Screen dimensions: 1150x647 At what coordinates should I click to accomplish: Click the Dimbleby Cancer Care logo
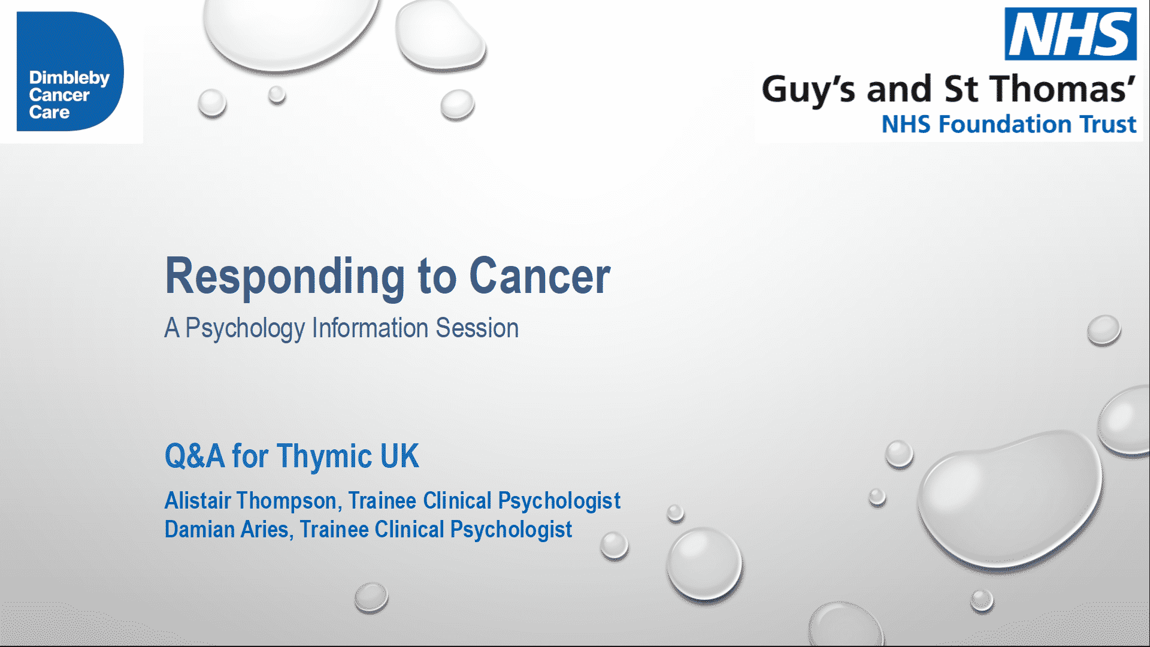(x=70, y=71)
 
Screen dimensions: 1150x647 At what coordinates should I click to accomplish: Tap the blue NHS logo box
(x=1070, y=34)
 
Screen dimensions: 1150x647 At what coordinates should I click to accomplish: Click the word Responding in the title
(x=285, y=277)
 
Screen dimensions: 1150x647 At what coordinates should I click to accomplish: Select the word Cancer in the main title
(x=540, y=276)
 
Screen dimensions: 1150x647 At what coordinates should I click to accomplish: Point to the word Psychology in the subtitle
(x=245, y=329)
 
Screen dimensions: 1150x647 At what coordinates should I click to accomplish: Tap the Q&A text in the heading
(x=195, y=456)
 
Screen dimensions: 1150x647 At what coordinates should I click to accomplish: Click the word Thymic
(x=325, y=457)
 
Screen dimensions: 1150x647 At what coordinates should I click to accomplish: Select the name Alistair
(x=198, y=500)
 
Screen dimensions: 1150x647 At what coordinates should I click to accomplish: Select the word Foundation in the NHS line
(x=1006, y=124)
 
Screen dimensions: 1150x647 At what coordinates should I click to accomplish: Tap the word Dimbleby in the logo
(x=69, y=78)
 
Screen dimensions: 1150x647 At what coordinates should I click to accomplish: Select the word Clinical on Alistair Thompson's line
(x=457, y=500)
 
